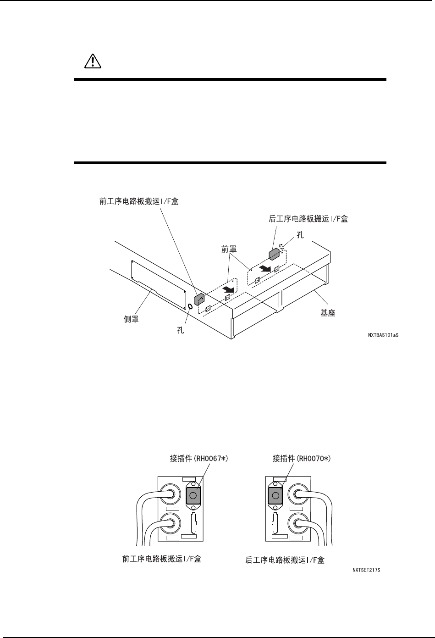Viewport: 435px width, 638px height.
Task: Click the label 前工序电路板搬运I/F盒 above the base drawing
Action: tap(139, 201)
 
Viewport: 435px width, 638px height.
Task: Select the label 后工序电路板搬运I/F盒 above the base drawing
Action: tap(308, 219)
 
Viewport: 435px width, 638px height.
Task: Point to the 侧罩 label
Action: tap(131, 319)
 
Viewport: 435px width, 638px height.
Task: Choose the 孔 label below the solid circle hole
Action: tap(181, 329)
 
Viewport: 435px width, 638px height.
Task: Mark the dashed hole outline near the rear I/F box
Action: tap(282, 248)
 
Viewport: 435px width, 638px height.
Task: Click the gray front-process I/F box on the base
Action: tap(199, 299)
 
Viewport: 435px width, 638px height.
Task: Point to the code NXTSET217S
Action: tap(367, 570)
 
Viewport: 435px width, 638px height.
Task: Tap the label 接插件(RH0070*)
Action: tap(302, 458)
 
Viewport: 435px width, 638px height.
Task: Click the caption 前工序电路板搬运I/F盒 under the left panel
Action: tap(162, 559)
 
